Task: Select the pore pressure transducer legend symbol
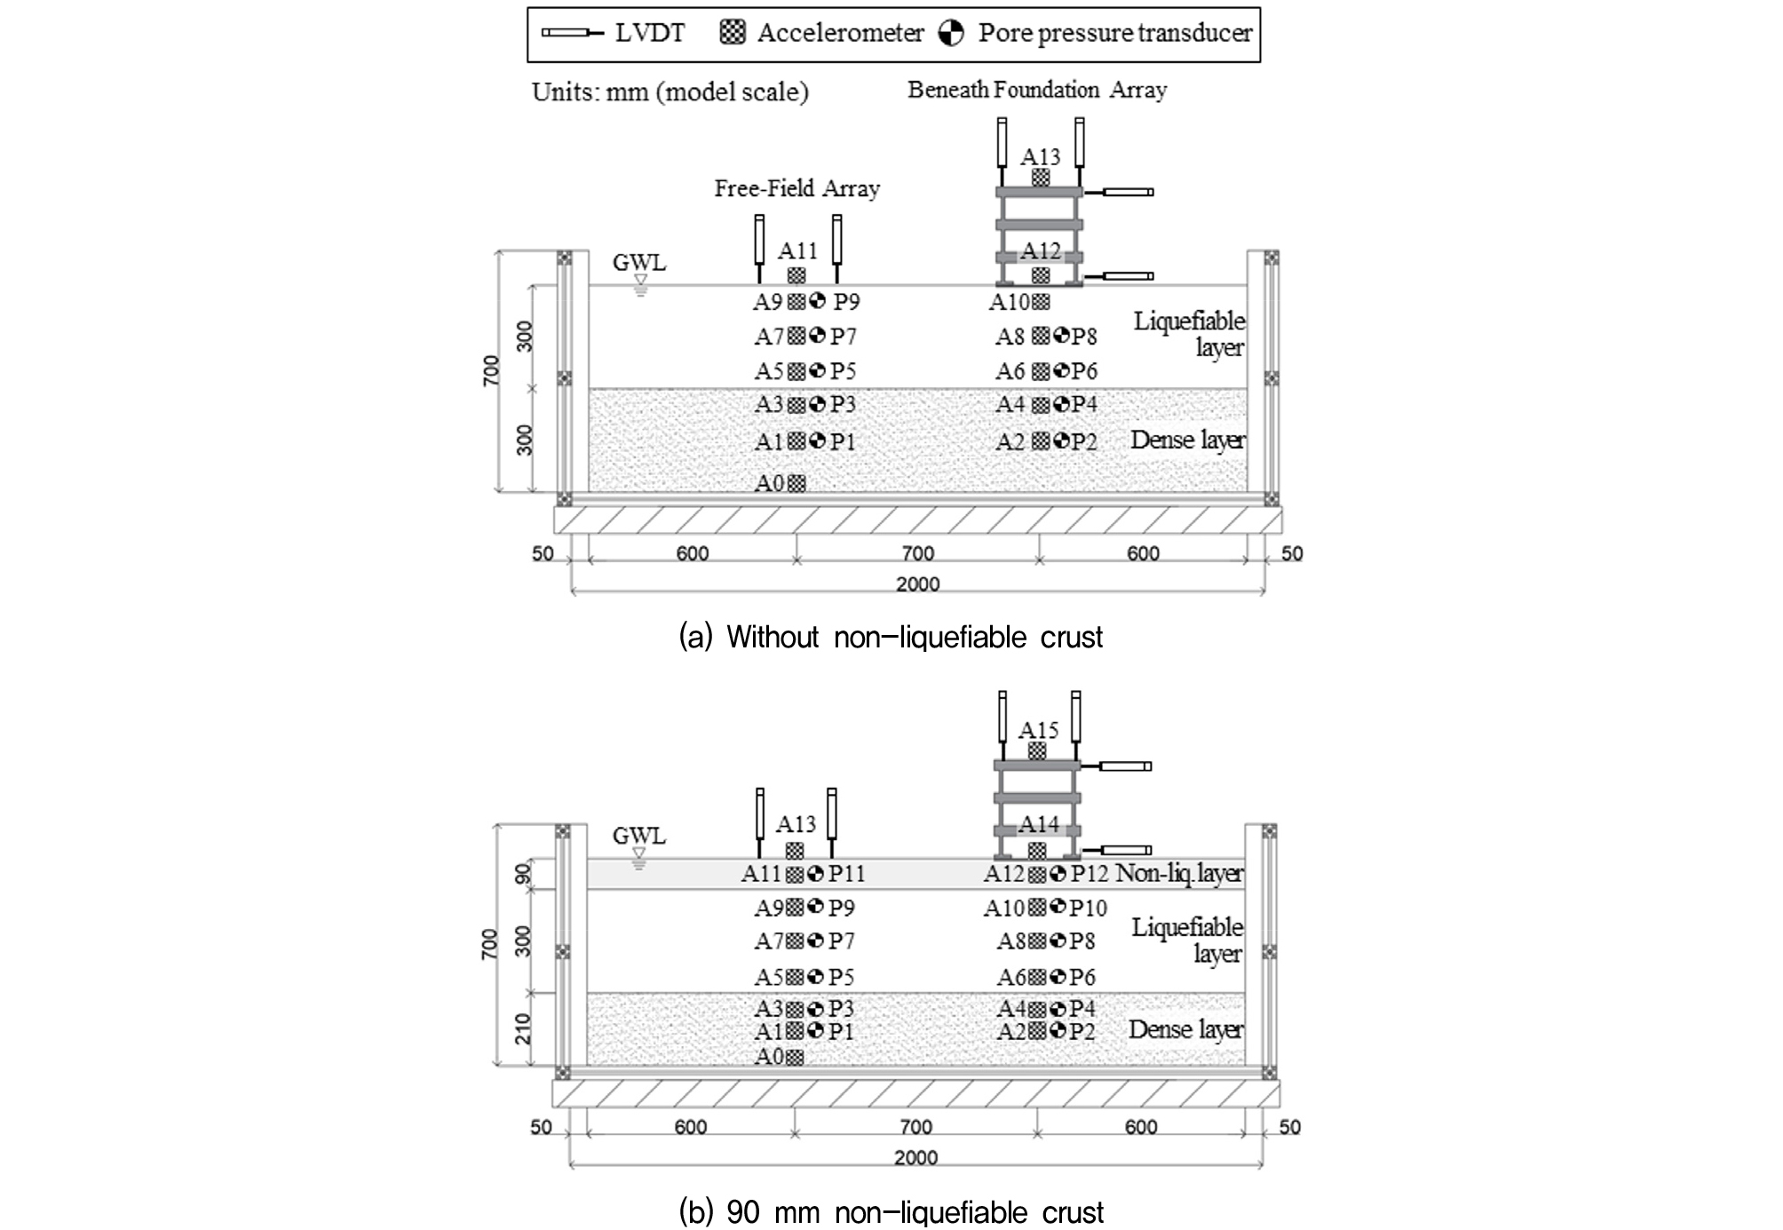coord(951,34)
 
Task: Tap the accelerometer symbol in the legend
coord(733,33)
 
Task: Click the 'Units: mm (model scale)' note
coord(670,92)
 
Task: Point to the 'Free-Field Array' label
coord(796,188)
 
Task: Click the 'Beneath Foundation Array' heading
coord(1036,90)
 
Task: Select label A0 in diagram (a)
coord(769,483)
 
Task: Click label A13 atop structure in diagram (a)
coord(1040,157)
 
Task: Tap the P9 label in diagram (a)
coord(846,302)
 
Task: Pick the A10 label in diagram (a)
coord(1010,302)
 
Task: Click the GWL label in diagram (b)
coord(638,836)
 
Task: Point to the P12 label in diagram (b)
coord(1090,874)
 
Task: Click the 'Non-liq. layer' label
coord(1179,874)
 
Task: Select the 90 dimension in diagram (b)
coord(524,873)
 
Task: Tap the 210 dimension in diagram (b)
coord(524,1028)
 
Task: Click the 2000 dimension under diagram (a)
coord(917,584)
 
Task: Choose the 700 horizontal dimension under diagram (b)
coord(915,1127)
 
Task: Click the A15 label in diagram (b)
coord(1038,731)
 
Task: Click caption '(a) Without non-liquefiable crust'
coord(891,637)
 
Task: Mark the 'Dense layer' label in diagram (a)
coord(1187,440)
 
